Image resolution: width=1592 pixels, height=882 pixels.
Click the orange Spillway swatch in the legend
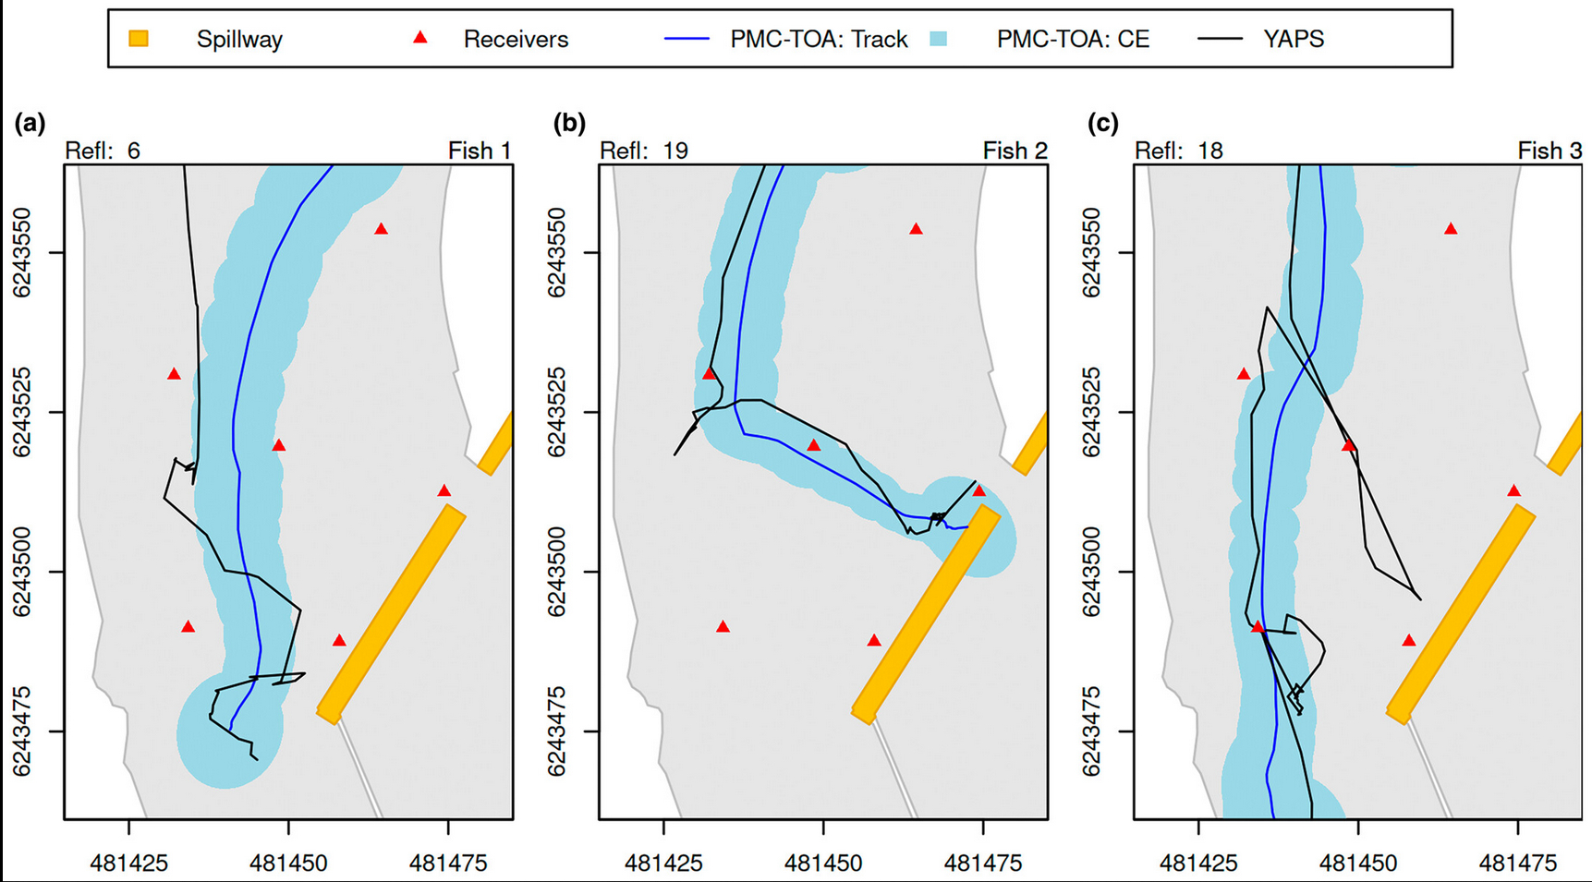click(139, 39)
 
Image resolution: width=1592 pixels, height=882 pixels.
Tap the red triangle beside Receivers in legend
click(420, 38)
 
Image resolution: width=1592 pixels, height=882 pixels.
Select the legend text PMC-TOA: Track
click(819, 40)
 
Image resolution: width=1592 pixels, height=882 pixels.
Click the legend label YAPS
click(1293, 40)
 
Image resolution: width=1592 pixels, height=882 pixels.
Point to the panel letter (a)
click(30, 123)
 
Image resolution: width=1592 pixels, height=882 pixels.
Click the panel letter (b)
click(569, 123)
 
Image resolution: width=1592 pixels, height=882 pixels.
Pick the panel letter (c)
click(1103, 123)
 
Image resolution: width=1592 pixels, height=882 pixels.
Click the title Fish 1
click(480, 151)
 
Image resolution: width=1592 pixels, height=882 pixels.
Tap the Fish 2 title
click(1015, 151)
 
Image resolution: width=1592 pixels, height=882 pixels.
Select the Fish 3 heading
click(1549, 151)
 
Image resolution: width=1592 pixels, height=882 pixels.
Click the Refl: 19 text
click(644, 151)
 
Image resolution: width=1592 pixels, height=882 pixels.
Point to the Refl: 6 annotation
click(103, 151)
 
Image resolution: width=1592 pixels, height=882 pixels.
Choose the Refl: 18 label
click(1179, 151)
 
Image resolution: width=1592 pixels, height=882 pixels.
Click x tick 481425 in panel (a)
click(128, 864)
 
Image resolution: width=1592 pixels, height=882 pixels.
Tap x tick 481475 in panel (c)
click(1518, 864)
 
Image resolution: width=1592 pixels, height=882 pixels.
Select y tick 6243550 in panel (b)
click(557, 253)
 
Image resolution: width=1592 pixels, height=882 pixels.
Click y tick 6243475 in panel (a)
click(22, 731)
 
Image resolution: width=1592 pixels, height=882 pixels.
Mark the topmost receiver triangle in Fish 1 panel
click(381, 229)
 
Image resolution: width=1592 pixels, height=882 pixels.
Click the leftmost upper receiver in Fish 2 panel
click(710, 374)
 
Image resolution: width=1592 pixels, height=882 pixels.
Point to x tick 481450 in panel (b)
click(823, 864)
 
